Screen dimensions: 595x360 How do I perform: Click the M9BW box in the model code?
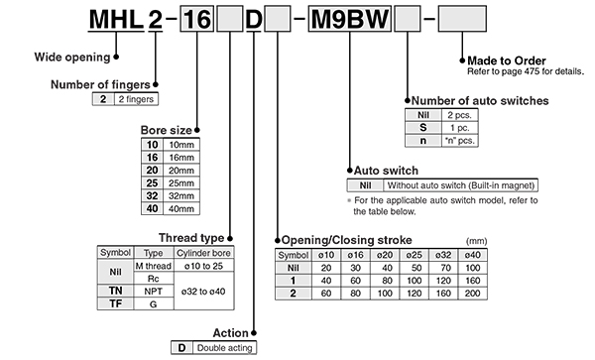(x=349, y=19)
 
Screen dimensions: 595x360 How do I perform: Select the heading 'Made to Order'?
(x=506, y=60)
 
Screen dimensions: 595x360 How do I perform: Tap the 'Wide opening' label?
(x=72, y=57)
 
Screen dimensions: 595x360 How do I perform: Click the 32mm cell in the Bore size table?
(x=181, y=195)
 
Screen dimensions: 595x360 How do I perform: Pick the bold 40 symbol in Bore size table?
(x=152, y=208)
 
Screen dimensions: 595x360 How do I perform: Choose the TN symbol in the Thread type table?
(x=116, y=291)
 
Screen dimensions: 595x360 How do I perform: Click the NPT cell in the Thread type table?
(x=154, y=292)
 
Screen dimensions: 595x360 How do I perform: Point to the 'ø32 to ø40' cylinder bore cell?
(x=203, y=292)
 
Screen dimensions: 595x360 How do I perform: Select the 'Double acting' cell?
(x=225, y=348)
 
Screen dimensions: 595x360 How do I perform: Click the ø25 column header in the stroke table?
(x=414, y=255)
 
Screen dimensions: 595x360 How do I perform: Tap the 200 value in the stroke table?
(x=472, y=294)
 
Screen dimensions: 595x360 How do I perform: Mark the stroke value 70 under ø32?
(x=445, y=268)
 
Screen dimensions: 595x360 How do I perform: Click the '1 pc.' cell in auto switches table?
(x=459, y=128)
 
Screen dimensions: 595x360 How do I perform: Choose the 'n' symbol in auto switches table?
(x=423, y=141)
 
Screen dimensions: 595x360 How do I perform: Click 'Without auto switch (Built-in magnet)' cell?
(x=461, y=185)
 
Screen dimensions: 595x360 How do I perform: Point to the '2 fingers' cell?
(x=136, y=99)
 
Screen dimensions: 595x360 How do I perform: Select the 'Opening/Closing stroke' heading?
(x=346, y=240)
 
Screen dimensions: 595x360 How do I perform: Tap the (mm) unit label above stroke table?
(x=476, y=241)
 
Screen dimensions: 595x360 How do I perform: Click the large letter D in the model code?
(x=254, y=20)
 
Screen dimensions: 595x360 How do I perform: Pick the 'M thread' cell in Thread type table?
(x=154, y=266)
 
